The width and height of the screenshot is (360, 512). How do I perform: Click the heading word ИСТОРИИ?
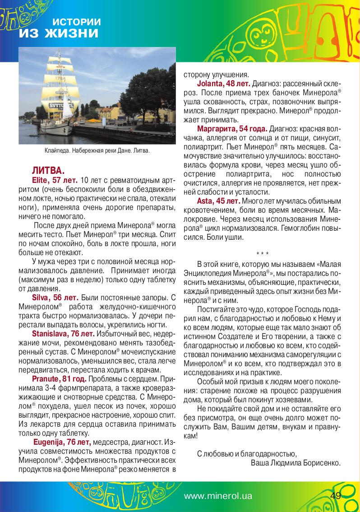coord(76,22)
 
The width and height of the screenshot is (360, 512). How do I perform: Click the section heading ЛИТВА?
coord(48,171)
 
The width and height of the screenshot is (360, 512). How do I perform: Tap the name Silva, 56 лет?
coord(55,298)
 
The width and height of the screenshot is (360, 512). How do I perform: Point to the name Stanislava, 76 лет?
coord(63,334)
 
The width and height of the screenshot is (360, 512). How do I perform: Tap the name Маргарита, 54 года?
coord(232,128)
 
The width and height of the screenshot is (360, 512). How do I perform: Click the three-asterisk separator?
coord(262,253)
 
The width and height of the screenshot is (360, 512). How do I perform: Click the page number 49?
coord(335,496)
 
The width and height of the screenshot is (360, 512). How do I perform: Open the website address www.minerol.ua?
coord(218,496)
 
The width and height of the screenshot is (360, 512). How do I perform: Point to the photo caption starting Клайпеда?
coord(97,150)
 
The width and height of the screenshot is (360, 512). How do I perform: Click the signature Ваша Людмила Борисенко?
coord(295,463)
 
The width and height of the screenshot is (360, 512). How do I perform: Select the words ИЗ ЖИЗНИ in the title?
coord(58,33)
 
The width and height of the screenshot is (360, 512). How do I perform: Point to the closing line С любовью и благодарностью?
coord(246,453)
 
